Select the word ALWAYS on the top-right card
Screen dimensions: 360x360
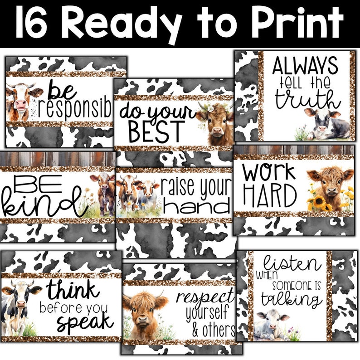click(305, 66)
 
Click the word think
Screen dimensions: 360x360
click(73, 289)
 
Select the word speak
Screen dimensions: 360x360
click(84, 322)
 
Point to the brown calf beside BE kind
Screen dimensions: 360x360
click(104, 193)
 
